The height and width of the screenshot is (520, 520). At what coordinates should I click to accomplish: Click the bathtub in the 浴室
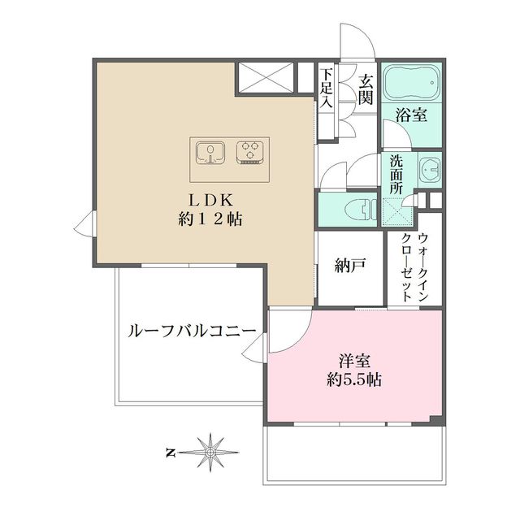pos(411,84)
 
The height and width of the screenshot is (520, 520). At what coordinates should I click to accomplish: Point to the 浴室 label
pos(412,115)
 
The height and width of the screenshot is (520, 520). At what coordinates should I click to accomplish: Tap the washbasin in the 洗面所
pos(430,170)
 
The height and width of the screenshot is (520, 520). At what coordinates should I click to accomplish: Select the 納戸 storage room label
pos(349,265)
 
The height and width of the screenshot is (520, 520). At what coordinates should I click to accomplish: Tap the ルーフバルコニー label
pos(192,331)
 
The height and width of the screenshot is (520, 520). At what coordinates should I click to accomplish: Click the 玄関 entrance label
pos(365,91)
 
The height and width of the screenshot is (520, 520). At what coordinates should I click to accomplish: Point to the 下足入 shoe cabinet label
pos(327,89)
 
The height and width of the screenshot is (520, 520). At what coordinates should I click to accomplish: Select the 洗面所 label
pos(396,174)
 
